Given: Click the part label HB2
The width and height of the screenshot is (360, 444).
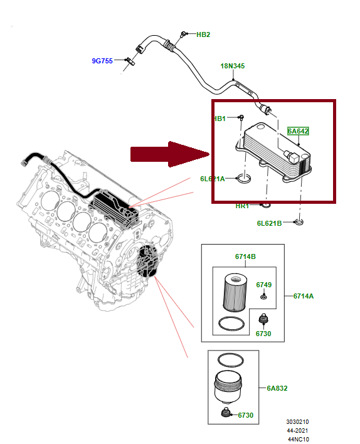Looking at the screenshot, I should point(203,34).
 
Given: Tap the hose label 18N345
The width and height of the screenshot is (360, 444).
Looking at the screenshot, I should point(232,66).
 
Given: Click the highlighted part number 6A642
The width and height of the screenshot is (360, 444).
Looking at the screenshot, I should point(298,131).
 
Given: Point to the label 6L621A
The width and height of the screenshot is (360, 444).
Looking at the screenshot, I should point(213,179).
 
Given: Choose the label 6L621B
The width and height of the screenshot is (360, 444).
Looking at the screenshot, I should point(269,223).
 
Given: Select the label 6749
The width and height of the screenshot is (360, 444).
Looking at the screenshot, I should point(263,285).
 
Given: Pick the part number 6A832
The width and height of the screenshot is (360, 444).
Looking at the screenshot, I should point(277,388).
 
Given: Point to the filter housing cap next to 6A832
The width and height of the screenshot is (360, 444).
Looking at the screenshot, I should point(230,388).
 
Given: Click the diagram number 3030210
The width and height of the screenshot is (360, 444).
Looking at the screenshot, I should point(299,422).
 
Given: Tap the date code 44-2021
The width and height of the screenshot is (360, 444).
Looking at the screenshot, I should point(299,430).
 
